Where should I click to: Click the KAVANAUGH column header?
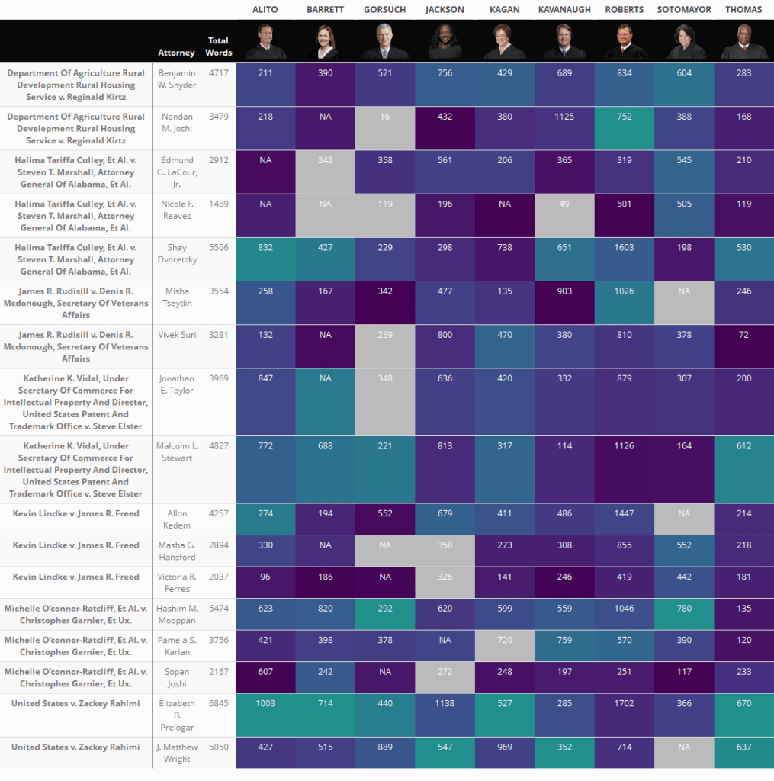click(564, 10)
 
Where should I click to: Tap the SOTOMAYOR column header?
click(683, 10)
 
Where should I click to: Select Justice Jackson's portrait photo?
click(445, 41)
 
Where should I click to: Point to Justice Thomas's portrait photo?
click(743, 41)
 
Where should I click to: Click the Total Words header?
click(219, 47)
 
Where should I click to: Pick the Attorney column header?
click(176, 53)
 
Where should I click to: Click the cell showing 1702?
click(624, 704)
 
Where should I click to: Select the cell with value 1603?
click(624, 248)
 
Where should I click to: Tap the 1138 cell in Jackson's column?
click(445, 704)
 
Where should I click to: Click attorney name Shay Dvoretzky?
click(176, 253)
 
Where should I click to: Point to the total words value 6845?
click(219, 704)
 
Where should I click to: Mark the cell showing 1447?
click(624, 514)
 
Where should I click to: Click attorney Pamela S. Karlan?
click(176, 646)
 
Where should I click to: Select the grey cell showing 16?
click(385, 117)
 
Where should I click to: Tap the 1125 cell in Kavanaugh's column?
click(564, 117)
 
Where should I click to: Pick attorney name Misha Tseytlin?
click(176, 297)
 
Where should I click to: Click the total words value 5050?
click(219, 747)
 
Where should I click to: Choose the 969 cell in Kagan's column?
click(505, 747)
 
